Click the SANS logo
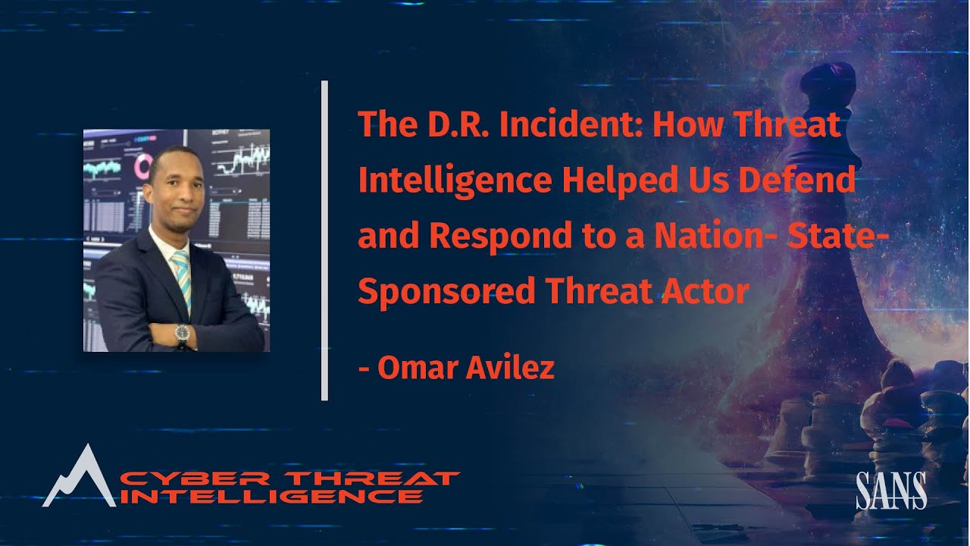[x=891, y=491]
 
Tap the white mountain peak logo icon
[x=80, y=478]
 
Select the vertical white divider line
[x=324, y=240]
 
